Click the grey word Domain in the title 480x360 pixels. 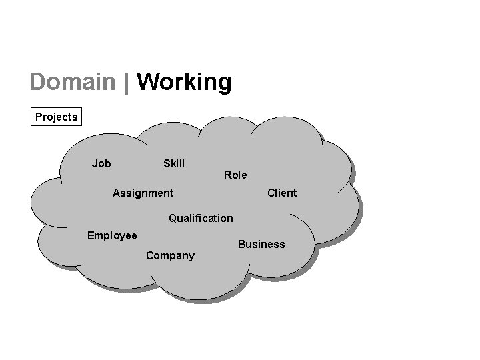(72, 82)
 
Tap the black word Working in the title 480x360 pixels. (184, 83)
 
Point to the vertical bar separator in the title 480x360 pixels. (126, 83)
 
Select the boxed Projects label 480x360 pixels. (57, 117)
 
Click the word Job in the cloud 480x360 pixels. (101, 163)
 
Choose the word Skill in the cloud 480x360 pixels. (174, 163)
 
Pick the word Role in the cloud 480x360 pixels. (235, 175)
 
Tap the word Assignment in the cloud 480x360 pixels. (143, 193)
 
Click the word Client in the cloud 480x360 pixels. (282, 193)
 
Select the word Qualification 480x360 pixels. (201, 218)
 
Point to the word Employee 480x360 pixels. (112, 235)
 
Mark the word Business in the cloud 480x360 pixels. (261, 244)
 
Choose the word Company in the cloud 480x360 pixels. (170, 255)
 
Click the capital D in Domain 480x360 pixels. (38, 82)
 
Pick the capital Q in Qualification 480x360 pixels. (173, 218)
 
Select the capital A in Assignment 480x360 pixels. (117, 193)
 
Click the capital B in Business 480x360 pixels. (241, 244)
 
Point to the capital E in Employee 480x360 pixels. (91, 235)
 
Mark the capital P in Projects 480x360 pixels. (39, 117)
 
